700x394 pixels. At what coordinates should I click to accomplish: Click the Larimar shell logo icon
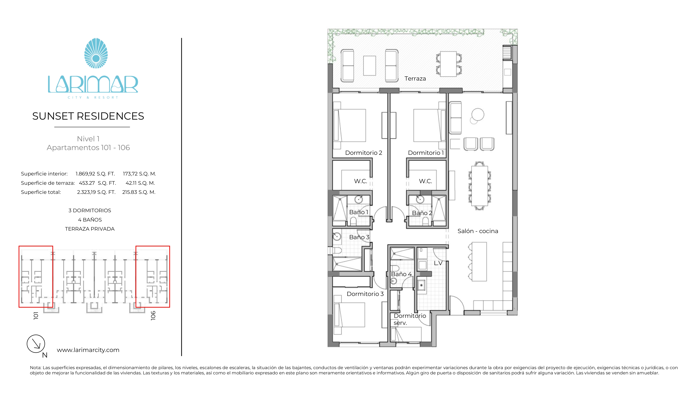point(96,53)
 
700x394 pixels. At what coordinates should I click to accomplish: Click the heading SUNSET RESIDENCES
point(88,116)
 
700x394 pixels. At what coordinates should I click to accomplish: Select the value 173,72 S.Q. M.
point(139,174)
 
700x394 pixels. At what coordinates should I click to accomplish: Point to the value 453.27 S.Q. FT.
point(97,183)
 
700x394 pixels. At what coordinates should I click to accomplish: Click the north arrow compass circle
point(36,344)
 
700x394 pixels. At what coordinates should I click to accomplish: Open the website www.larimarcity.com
point(88,350)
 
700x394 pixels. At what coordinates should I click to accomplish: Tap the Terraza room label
point(415,79)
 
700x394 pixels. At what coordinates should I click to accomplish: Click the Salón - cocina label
point(478,231)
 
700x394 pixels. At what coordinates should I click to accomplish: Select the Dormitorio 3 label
point(365,294)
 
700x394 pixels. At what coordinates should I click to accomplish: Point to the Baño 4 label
point(401,274)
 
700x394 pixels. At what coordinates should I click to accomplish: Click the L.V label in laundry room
point(438,263)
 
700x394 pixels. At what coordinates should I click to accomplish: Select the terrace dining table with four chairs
point(448,64)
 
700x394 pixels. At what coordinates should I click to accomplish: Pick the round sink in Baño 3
point(337,236)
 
